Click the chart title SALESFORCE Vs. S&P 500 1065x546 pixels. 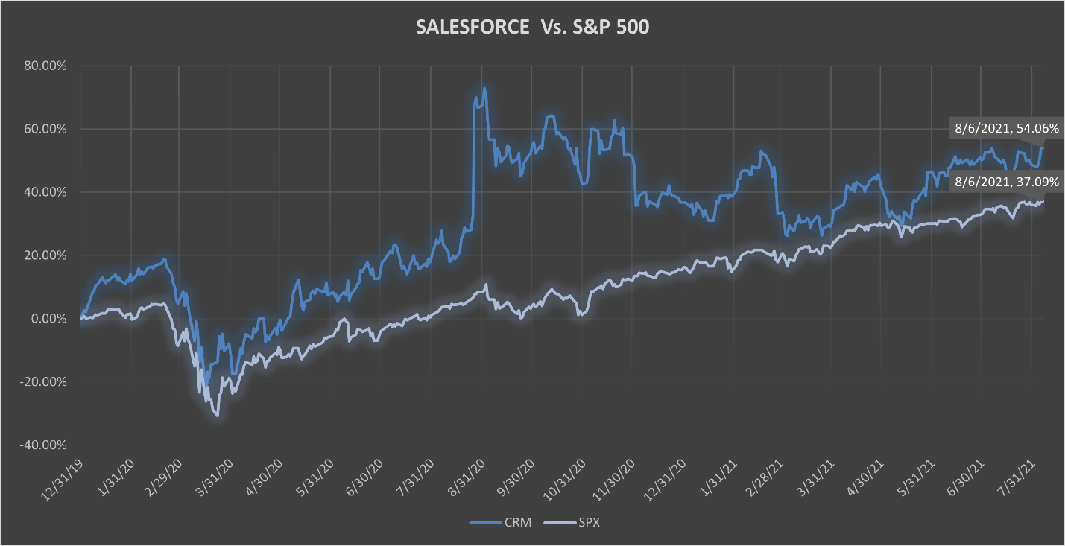[531, 28]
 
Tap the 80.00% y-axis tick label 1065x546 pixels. [46, 66]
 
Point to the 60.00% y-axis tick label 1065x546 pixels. [46, 129]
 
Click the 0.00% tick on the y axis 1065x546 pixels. [49, 319]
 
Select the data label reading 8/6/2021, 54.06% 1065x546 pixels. [1006, 128]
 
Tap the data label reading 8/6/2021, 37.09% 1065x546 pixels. [1006, 181]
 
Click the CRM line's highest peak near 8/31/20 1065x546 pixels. [484, 88]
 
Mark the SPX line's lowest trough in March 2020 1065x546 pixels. [217, 416]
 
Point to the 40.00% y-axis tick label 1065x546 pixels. [46, 192]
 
